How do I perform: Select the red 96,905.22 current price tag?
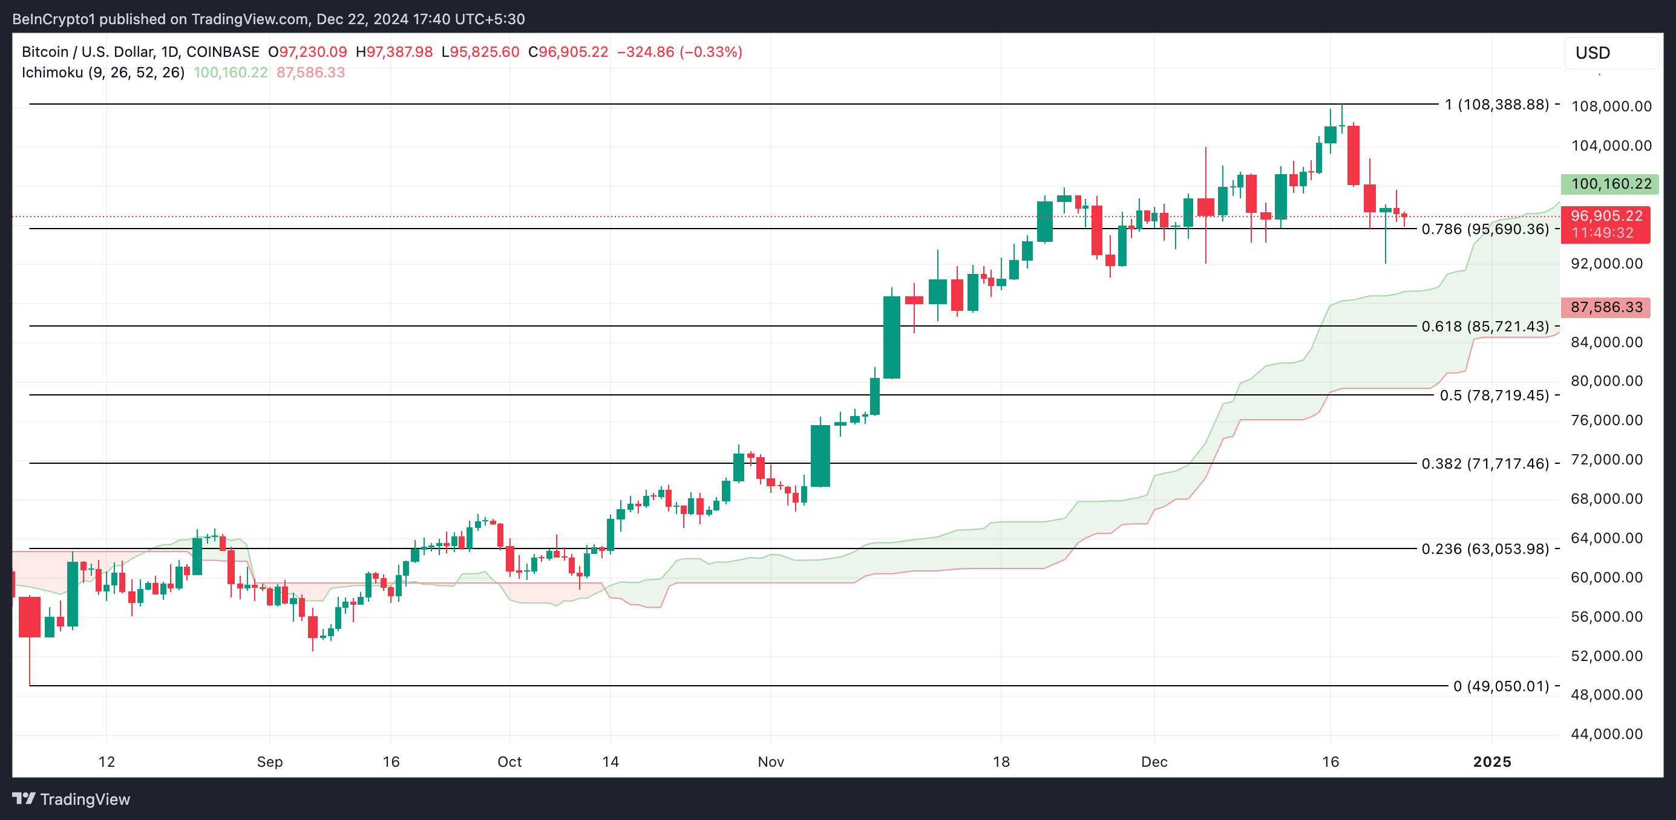[x=1605, y=216]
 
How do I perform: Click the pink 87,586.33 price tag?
[x=1605, y=307]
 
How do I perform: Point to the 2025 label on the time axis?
[x=1491, y=761]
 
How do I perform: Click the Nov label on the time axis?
[x=770, y=761]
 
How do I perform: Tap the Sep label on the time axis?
[x=269, y=761]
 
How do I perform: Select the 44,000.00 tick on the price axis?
[x=1606, y=734]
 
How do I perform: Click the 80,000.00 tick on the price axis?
[x=1606, y=380]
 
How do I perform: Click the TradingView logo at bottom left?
[x=71, y=799]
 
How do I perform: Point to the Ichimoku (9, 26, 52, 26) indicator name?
[x=103, y=72]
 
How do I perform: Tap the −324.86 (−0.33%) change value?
[x=679, y=52]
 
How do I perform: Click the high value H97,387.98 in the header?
[x=394, y=52]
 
